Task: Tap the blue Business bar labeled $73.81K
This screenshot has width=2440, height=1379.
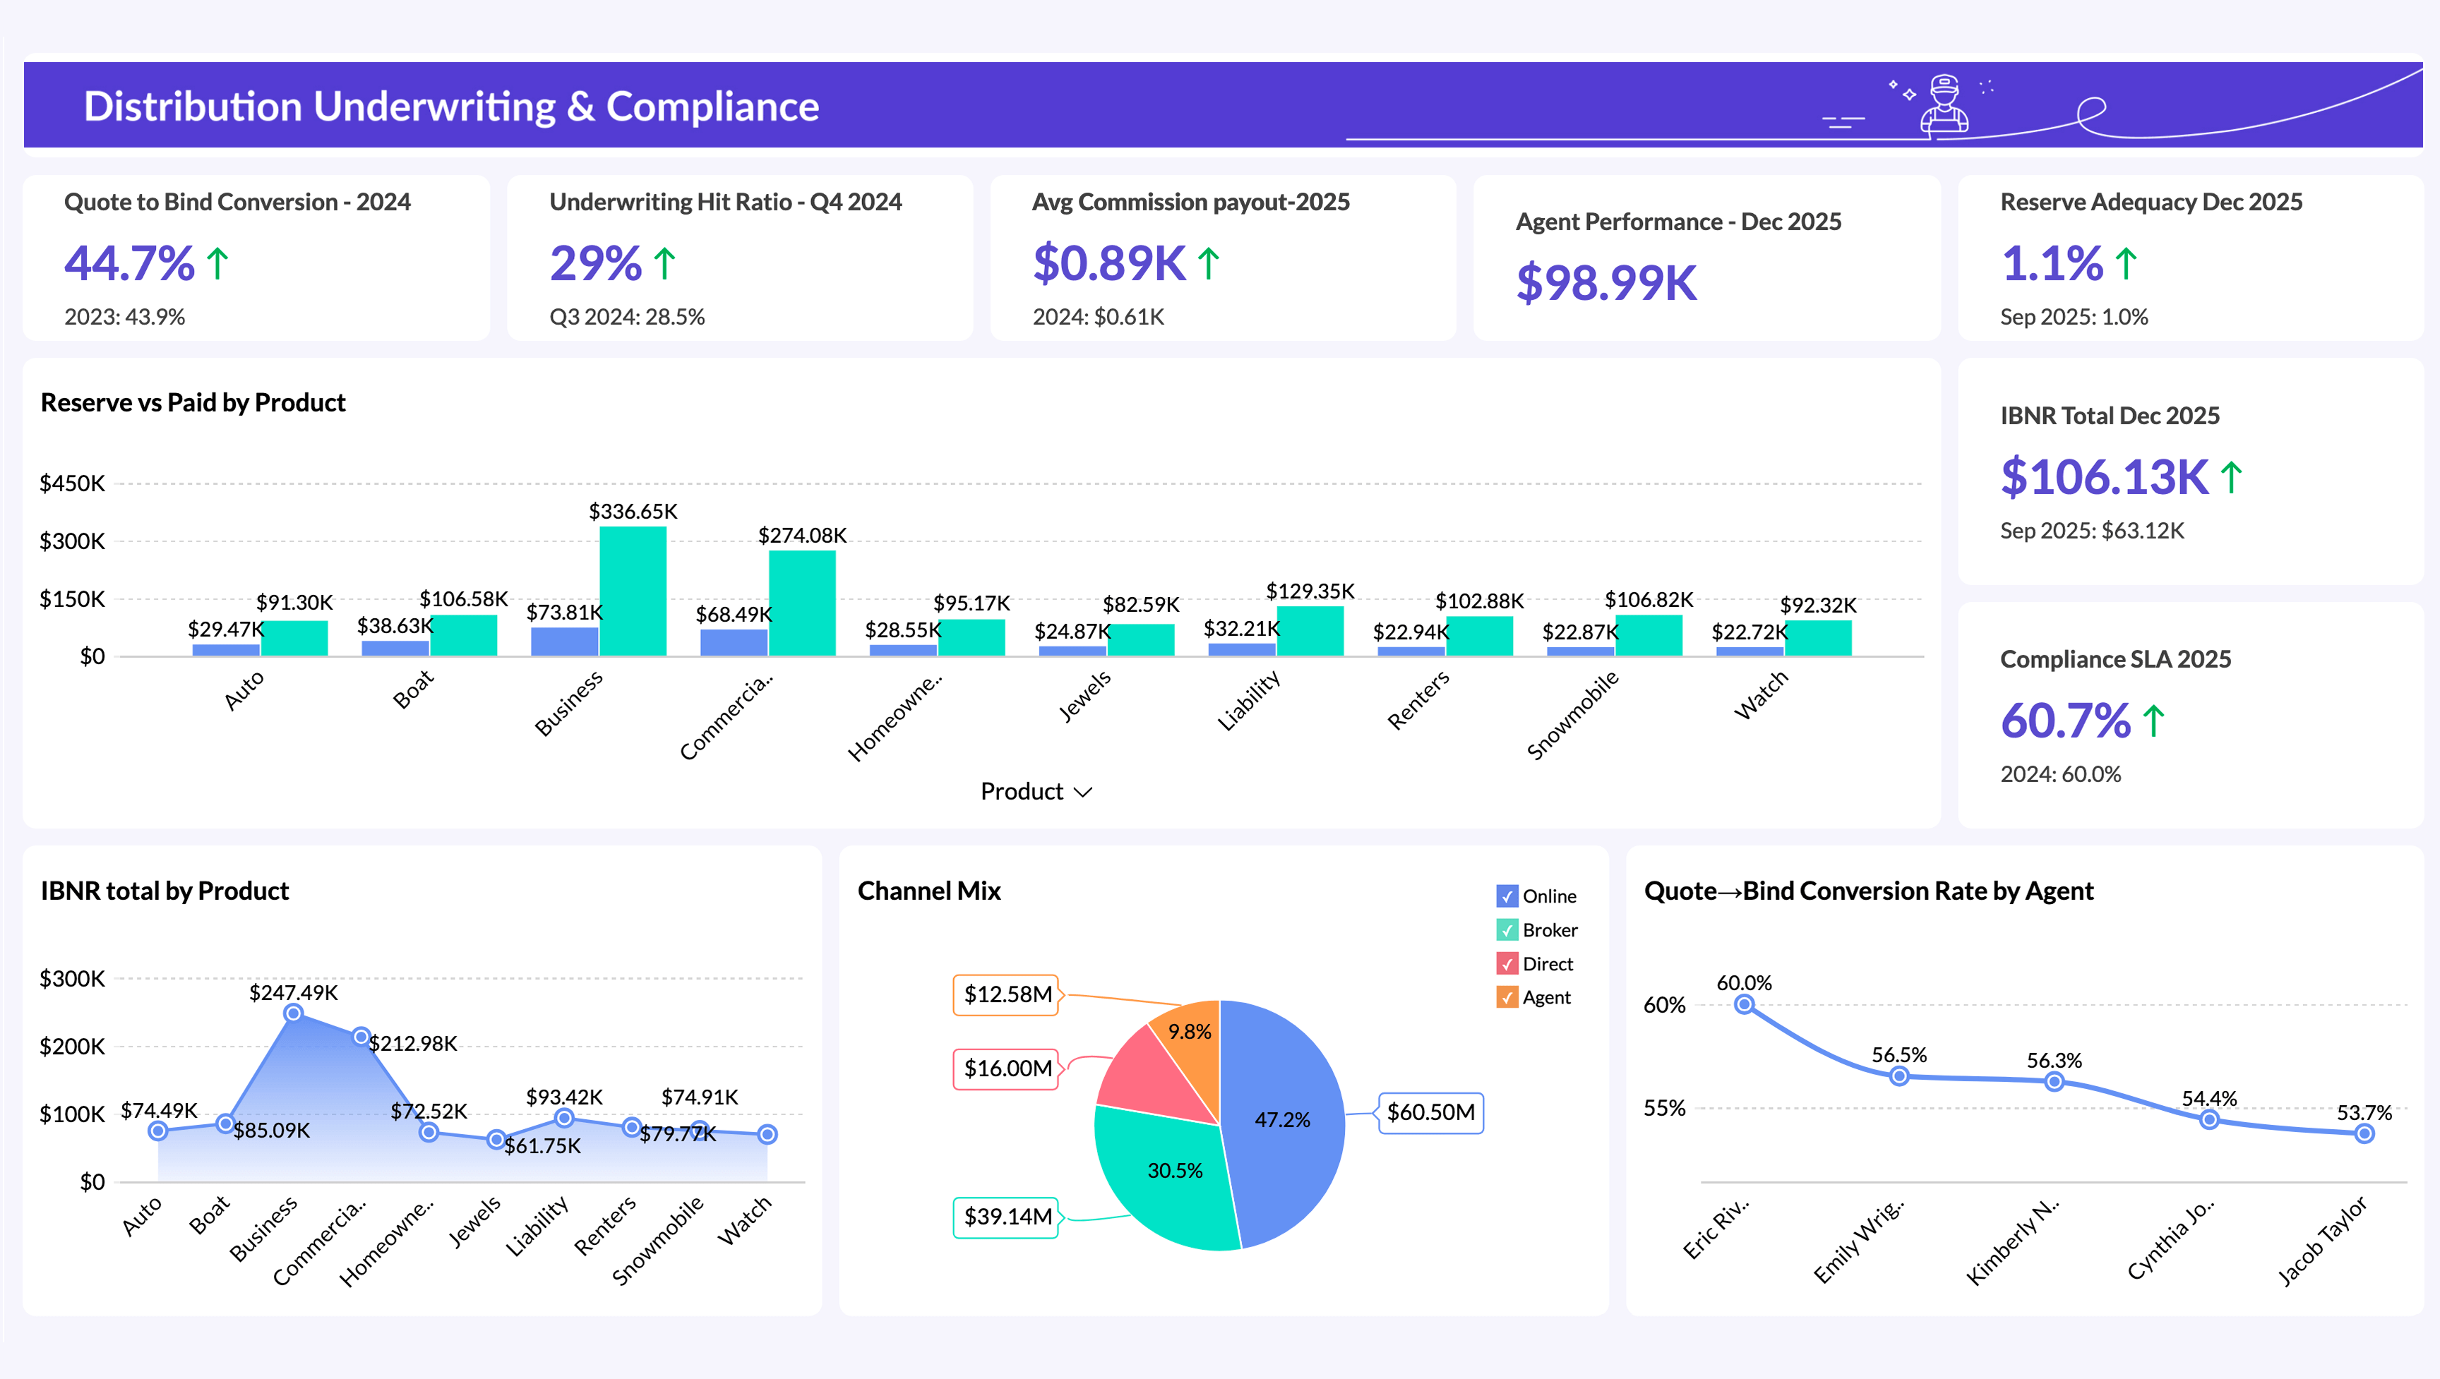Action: point(565,642)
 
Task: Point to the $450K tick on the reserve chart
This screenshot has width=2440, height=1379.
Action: point(72,484)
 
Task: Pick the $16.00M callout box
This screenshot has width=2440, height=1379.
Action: point(1006,1069)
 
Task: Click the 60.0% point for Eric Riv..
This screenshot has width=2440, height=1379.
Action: point(1744,1005)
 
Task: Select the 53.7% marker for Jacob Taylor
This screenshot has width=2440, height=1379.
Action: point(2364,1133)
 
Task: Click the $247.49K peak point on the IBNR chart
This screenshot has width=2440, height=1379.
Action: point(294,1013)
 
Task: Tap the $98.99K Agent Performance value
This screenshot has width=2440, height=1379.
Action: point(1606,283)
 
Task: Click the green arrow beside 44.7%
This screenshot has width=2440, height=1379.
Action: point(218,263)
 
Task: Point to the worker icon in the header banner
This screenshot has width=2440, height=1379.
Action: point(1944,105)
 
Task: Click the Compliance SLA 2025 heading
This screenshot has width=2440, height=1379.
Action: point(2115,659)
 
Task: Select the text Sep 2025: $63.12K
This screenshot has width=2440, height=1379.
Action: point(2091,531)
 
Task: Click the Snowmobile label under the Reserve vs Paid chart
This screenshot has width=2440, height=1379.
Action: point(1572,715)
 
